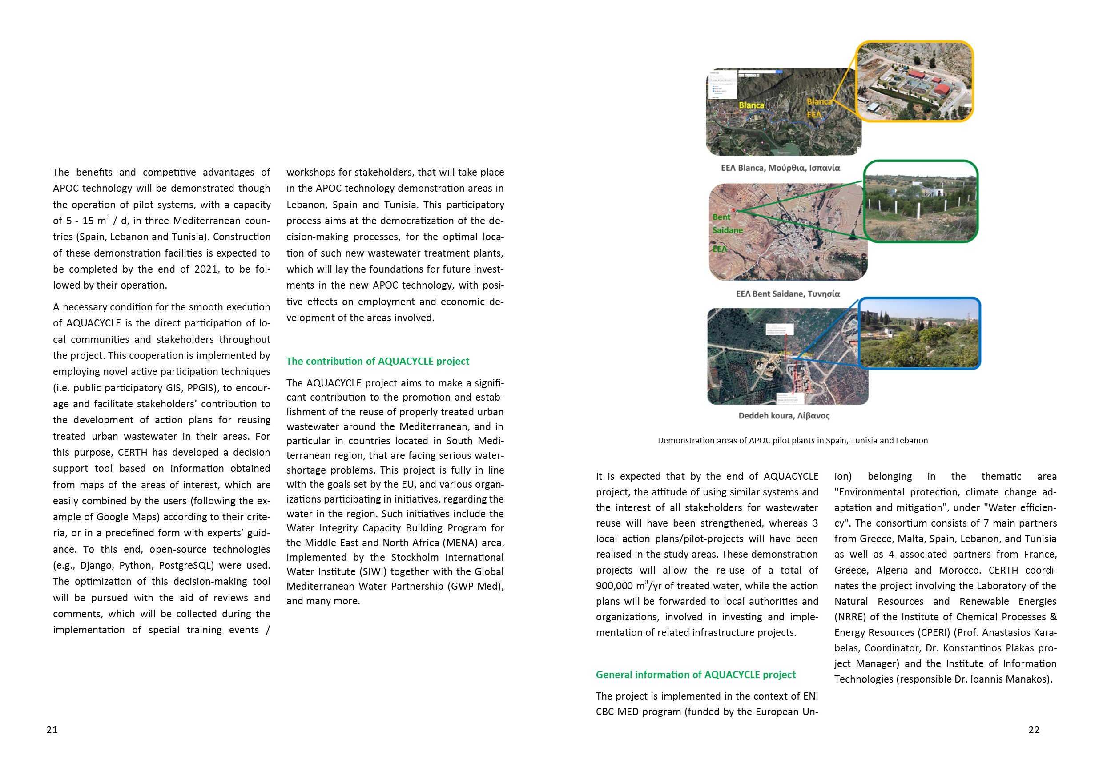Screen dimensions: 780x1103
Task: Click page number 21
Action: pyautogui.click(x=52, y=730)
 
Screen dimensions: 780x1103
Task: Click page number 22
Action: pyautogui.click(x=1034, y=730)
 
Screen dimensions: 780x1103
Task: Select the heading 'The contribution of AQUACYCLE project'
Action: pyautogui.click(x=378, y=361)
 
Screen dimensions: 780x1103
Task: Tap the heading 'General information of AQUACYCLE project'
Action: pyautogui.click(x=696, y=675)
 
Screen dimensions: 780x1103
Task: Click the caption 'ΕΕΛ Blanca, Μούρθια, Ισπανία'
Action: pyautogui.click(x=780, y=168)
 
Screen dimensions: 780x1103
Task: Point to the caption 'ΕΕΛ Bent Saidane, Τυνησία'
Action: pyautogui.click(x=788, y=294)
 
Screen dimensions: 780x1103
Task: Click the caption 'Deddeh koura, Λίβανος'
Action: pyautogui.click(x=784, y=415)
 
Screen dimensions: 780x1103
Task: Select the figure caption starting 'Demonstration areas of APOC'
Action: pyautogui.click(x=793, y=440)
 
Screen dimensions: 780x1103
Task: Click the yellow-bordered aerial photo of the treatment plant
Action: pyautogui.click(x=915, y=81)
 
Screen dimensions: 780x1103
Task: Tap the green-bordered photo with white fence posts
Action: pyautogui.click(x=921, y=201)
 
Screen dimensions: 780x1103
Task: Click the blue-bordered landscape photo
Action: pyautogui.click(x=919, y=334)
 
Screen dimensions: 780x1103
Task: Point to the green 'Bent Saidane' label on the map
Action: pyautogui.click(x=727, y=224)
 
